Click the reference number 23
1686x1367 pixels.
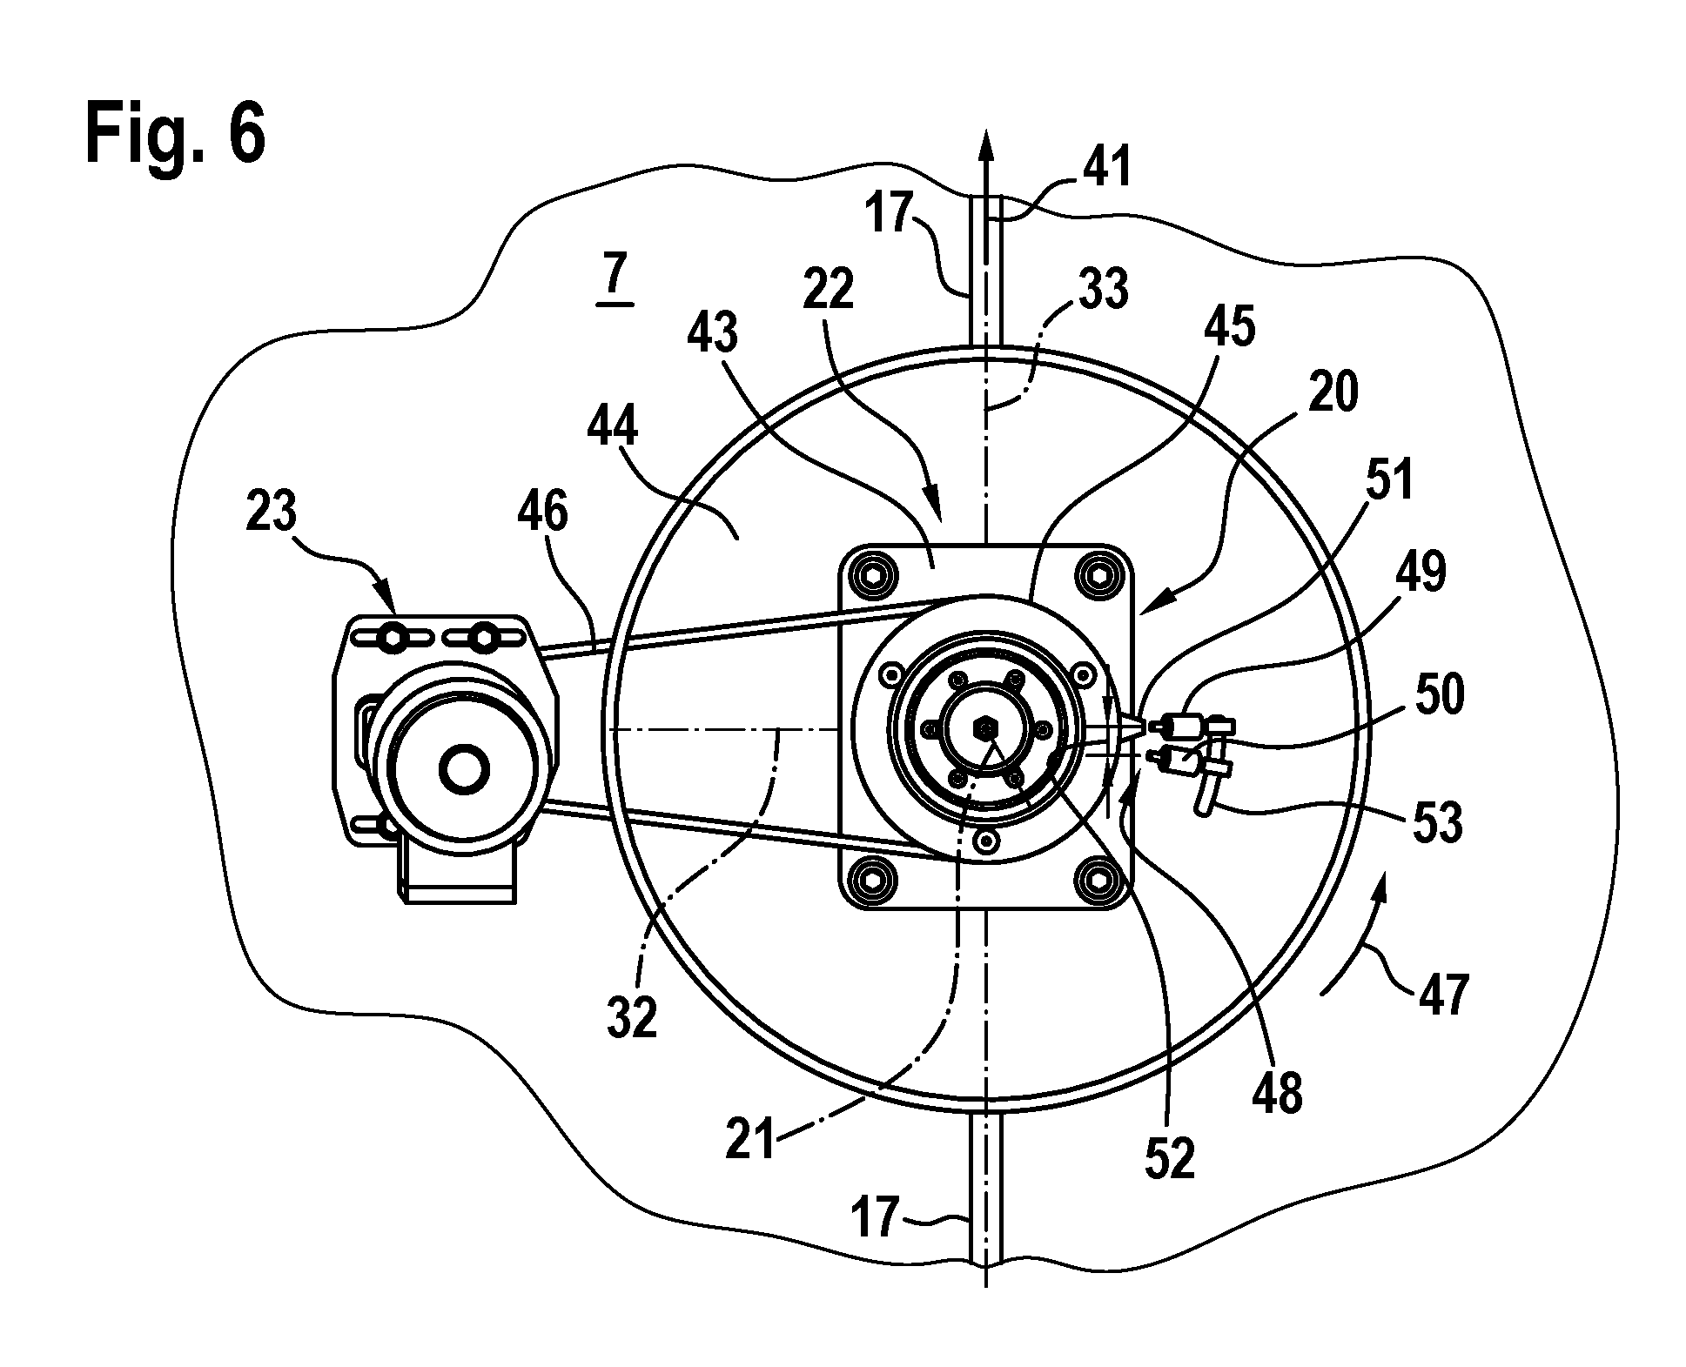point(272,511)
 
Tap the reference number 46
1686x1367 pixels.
point(541,511)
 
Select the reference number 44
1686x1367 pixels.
point(612,428)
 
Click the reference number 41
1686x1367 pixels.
point(1105,167)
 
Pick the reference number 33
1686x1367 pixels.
point(1102,289)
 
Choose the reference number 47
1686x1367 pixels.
point(1442,994)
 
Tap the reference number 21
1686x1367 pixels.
point(750,1139)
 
